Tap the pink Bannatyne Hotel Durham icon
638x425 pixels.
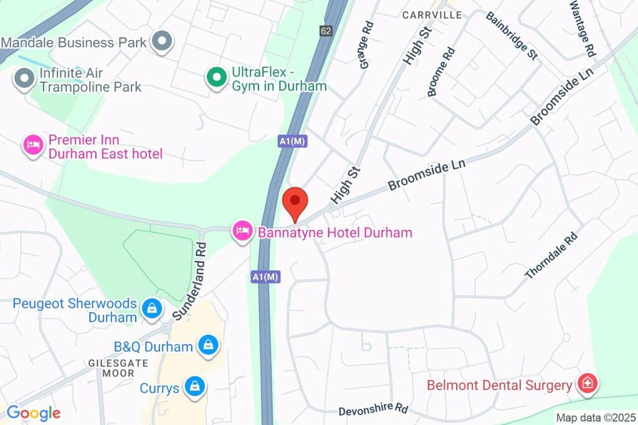[x=242, y=232]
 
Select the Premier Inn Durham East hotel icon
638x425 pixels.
[x=32, y=146]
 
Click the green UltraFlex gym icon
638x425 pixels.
[x=216, y=78]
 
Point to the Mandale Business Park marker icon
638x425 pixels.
[x=163, y=42]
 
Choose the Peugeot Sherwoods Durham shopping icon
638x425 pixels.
[x=151, y=308]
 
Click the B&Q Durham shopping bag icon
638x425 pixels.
[x=207, y=345]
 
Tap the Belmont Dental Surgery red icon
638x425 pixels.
[x=586, y=384]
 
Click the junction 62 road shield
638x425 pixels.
[x=326, y=31]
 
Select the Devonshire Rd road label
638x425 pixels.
[x=373, y=410]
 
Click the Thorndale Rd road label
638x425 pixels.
[x=552, y=255]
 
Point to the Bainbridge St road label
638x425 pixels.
[x=512, y=35]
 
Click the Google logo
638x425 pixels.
[x=33, y=413]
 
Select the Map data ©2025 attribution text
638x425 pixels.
[x=596, y=418]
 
